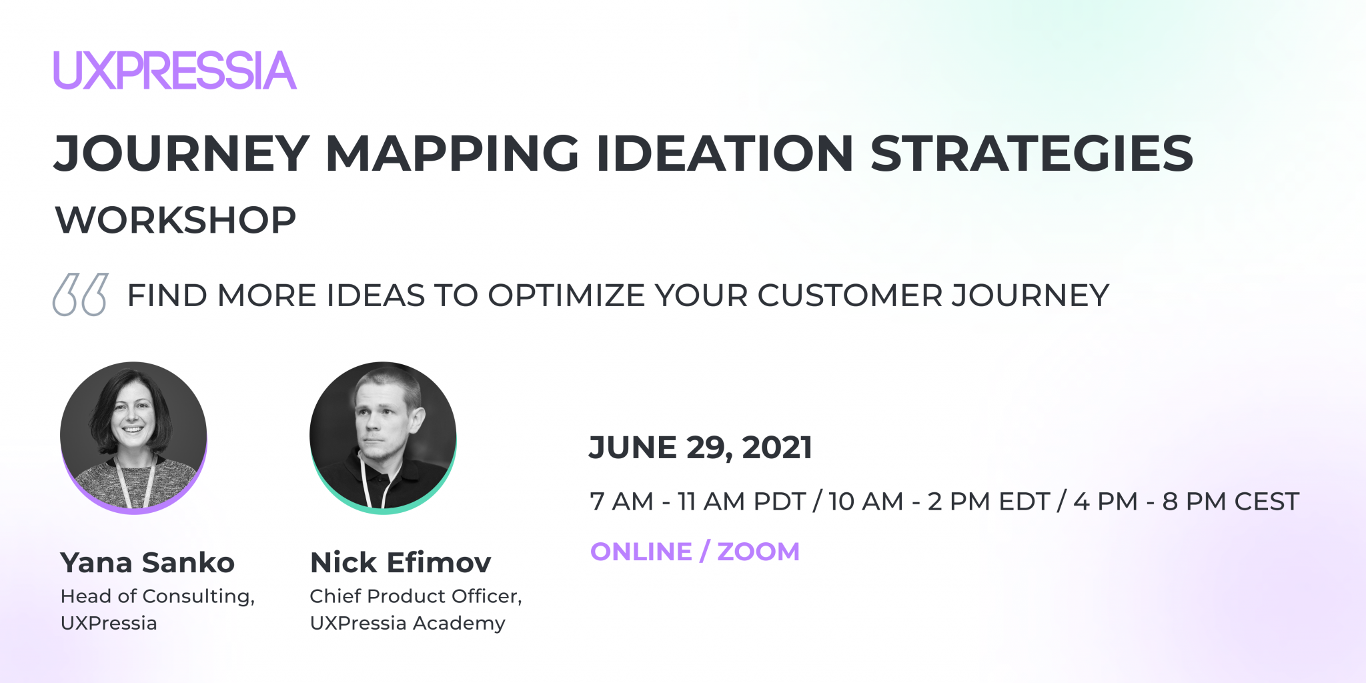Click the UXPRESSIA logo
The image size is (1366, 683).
click(175, 70)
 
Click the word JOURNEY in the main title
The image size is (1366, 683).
click(182, 153)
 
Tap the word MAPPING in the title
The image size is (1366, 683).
click(452, 153)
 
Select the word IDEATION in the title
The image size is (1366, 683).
click(724, 153)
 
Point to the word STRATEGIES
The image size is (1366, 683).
click(1032, 153)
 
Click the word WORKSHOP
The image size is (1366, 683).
click(176, 220)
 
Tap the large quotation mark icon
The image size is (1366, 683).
click(80, 294)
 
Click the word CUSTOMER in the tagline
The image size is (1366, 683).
click(850, 295)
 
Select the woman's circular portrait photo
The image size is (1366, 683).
click(133, 438)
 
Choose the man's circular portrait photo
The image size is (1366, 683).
click(383, 438)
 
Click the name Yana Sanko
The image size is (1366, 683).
click(147, 563)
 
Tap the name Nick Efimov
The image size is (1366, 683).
click(401, 563)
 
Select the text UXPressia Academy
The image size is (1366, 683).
click(408, 623)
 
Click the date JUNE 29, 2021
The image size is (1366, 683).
click(700, 448)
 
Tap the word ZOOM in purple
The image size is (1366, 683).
click(758, 552)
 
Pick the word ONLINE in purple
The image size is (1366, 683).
click(641, 552)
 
